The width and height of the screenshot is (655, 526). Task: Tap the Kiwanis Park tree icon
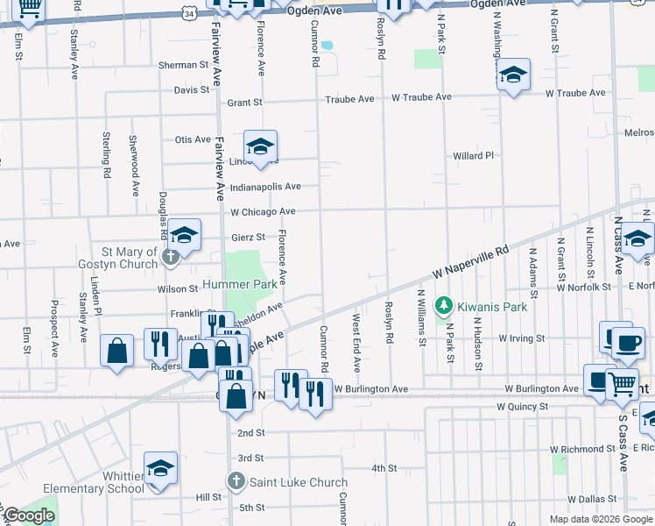(x=444, y=306)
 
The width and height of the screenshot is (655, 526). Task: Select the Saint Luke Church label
(x=299, y=481)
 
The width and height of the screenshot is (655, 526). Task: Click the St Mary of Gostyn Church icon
(x=172, y=257)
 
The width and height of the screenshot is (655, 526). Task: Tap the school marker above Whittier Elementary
(x=160, y=469)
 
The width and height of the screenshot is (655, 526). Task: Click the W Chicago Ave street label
(x=263, y=211)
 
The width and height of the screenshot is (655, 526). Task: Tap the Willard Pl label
(x=474, y=156)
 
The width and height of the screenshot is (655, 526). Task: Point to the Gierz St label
(x=248, y=237)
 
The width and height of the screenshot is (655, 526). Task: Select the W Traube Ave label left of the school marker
(x=421, y=96)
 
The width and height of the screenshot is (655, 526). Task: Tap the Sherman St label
(x=184, y=65)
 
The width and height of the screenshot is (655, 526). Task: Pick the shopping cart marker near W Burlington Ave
(x=622, y=382)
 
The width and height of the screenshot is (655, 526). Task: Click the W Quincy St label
(x=522, y=407)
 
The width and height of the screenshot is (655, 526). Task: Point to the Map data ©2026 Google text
(x=600, y=519)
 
